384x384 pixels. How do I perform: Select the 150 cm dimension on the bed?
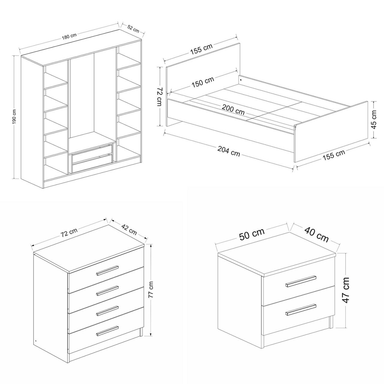203,82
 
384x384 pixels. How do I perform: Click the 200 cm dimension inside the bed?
233,110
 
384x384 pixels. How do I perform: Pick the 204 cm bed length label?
229,151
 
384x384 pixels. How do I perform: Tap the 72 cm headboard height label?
160,96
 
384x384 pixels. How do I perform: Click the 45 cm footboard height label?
374,120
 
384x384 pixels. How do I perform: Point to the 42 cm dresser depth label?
129,229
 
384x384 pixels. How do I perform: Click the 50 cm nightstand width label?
252,234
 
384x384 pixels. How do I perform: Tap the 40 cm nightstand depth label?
316,235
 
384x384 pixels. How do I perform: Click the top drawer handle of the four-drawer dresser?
107,270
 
